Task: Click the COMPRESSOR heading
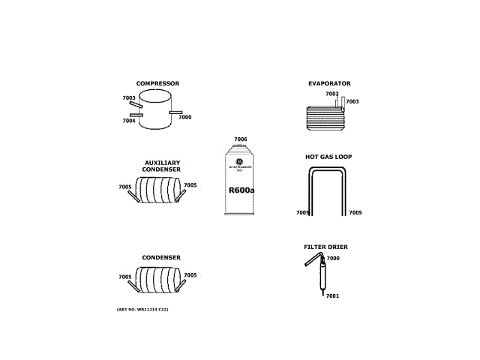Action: coord(157,83)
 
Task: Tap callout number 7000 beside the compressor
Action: coord(184,117)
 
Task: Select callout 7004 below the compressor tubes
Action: coord(129,121)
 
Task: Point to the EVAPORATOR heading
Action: coord(329,83)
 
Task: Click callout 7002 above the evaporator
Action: coord(332,94)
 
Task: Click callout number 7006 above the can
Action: coord(240,139)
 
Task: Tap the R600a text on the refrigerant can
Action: coord(241,190)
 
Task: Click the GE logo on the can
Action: coord(240,163)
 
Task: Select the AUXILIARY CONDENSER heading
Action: coord(162,166)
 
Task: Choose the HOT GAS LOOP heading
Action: coord(328,157)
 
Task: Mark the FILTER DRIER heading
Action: coord(325,247)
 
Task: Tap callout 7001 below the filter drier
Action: coord(332,295)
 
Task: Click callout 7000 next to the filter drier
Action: coord(333,258)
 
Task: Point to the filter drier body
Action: coord(322,273)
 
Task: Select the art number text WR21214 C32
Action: coord(142,309)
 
